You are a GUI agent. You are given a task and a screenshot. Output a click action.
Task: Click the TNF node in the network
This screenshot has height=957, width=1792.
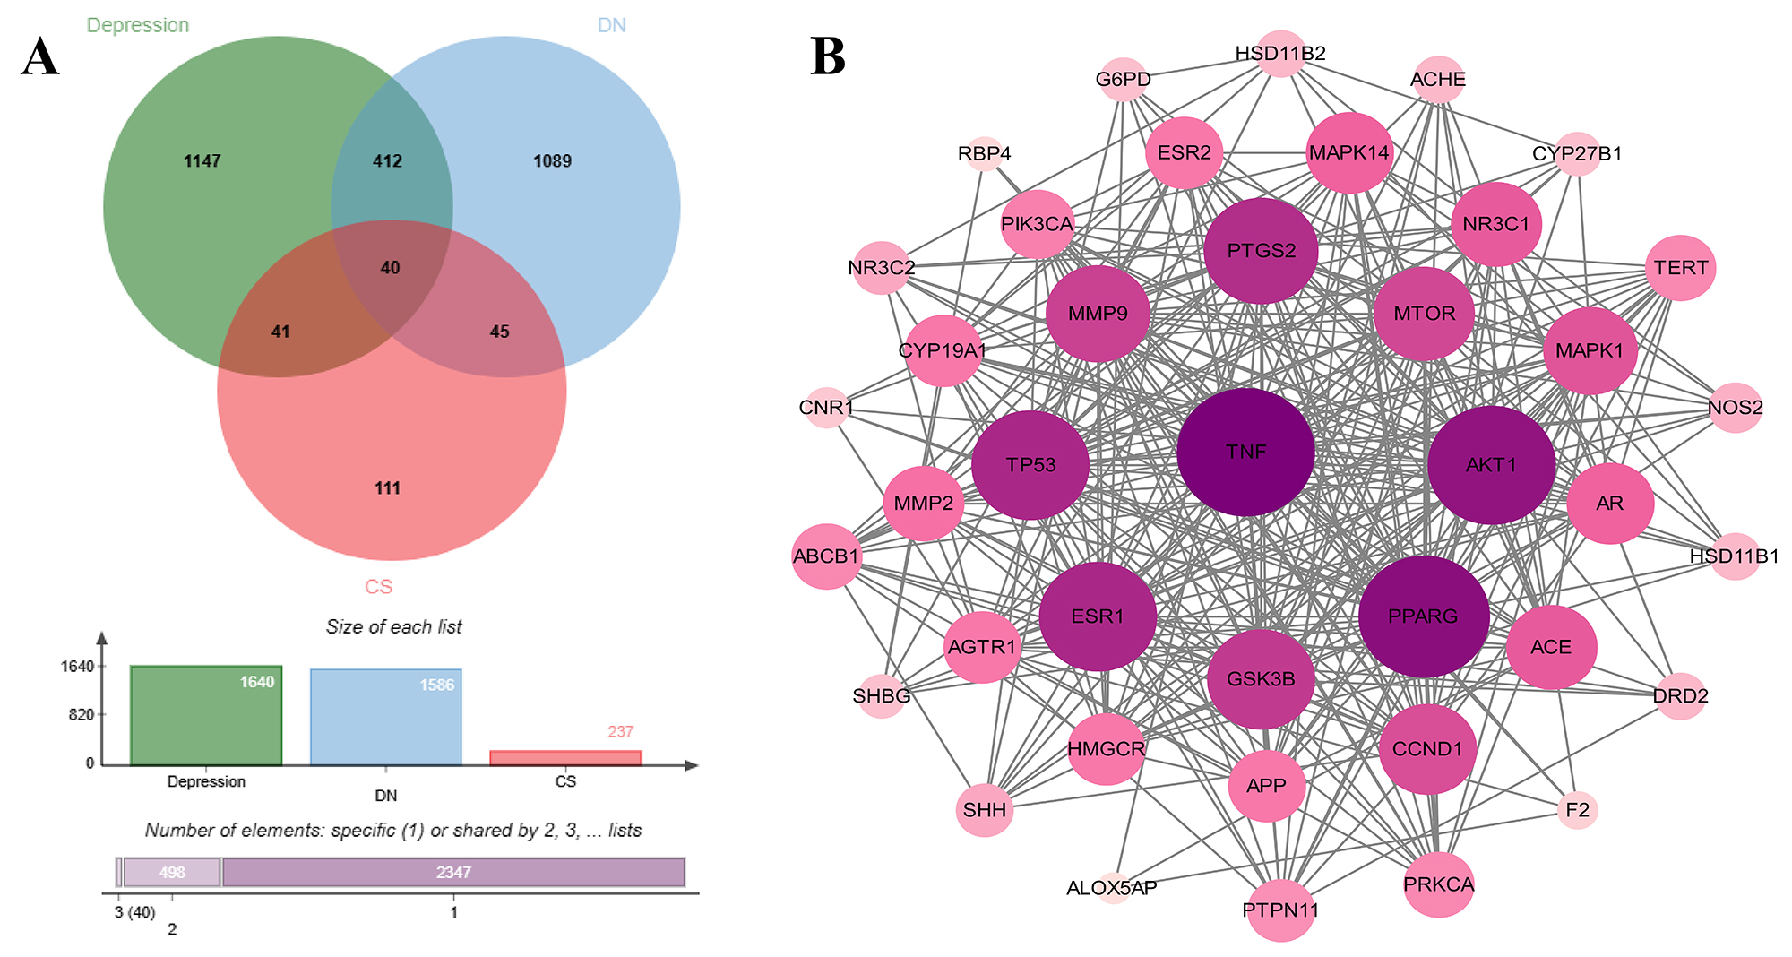pyautogui.click(x=1245, y=452)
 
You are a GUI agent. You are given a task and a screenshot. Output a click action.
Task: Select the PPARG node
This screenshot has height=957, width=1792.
pyautogui.click(x=1423, y=616)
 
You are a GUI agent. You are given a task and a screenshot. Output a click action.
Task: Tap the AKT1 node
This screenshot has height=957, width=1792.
pyautogui.click(x=1491, y=465)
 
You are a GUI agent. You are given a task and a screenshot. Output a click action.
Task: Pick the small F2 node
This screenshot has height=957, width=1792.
pyautogui.click(x=1577, y=810)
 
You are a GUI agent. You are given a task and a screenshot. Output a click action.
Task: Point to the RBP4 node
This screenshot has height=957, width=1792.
pyautogui.click(x=984, y=154)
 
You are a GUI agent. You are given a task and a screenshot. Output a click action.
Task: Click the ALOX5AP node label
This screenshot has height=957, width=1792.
pyautogui.click(x=1112, y=888)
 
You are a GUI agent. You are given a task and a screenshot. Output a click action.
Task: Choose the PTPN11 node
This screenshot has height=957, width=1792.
pyautogui.click(x=1280, y=910)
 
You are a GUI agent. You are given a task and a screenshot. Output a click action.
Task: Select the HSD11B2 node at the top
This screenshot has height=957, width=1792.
pyautogui.click(x=1280, y=54)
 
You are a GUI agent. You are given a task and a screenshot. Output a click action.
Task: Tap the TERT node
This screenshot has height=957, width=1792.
pyautogui.click(x=1680, y=268)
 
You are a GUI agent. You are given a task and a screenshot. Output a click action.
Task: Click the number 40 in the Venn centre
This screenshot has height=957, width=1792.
pyautogui.click(x=390, y=268)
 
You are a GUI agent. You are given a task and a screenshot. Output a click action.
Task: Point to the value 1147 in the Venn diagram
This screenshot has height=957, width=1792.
pyautogui.click(x=202, y=161)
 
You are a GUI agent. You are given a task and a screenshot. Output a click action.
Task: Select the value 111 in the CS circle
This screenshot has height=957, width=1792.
pyautogui.click(x=387, y=488)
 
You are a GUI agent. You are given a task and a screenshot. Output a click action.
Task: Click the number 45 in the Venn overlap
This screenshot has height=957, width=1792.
pyautogui.click(x=499, y=332)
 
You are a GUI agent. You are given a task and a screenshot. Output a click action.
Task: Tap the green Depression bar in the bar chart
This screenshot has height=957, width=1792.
pyautogui.click(x=206, y=717)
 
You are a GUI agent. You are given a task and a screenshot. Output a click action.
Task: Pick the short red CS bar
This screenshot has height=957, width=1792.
pyautogui.click(x=565, y=758)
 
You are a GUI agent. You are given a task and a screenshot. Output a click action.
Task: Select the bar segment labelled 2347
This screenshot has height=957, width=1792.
pyautogui.click(x=453, y=872)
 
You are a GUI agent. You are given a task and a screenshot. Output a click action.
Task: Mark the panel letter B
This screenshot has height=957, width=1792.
pyautogui.click(x=827, y=56)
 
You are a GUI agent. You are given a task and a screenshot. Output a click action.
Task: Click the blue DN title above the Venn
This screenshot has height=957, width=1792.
pyautogui.click(x=612, y=25)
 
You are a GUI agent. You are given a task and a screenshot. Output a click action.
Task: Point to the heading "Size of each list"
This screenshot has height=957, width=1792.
pyautogui.click(x=394, y=627)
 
